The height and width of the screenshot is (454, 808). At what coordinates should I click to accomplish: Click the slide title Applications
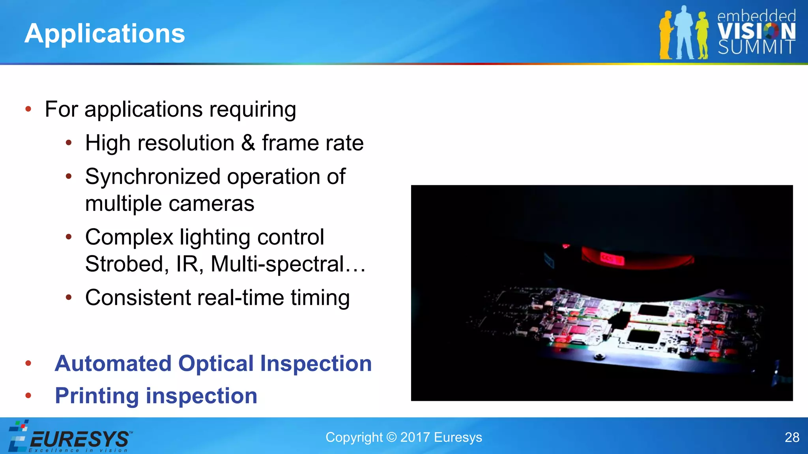pos(105,33)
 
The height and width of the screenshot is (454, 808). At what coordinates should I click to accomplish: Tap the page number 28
pos(792,437)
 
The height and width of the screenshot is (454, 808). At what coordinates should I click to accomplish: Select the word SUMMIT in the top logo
pos(756,48)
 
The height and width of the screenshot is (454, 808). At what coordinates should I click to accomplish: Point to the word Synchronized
pos(152,177)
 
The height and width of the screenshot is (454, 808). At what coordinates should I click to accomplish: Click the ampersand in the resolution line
pos(248,143)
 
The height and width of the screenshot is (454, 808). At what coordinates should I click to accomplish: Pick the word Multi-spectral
pos(277,264)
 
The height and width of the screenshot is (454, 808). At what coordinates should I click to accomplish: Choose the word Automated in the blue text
pos(113,363)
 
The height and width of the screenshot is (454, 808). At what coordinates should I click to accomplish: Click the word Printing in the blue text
pos(97,396)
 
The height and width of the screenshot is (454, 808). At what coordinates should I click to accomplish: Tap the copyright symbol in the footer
pos(391,437)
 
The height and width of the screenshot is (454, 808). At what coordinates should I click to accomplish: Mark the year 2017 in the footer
pos(415,437)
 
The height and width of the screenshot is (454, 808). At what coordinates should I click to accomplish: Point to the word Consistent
pos(138,298)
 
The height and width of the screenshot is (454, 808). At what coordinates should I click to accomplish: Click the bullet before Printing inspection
pos(28,395)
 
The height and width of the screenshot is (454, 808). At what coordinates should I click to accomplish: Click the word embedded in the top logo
pos(756,16)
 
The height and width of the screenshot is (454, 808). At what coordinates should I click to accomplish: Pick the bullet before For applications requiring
pos(28,109)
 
